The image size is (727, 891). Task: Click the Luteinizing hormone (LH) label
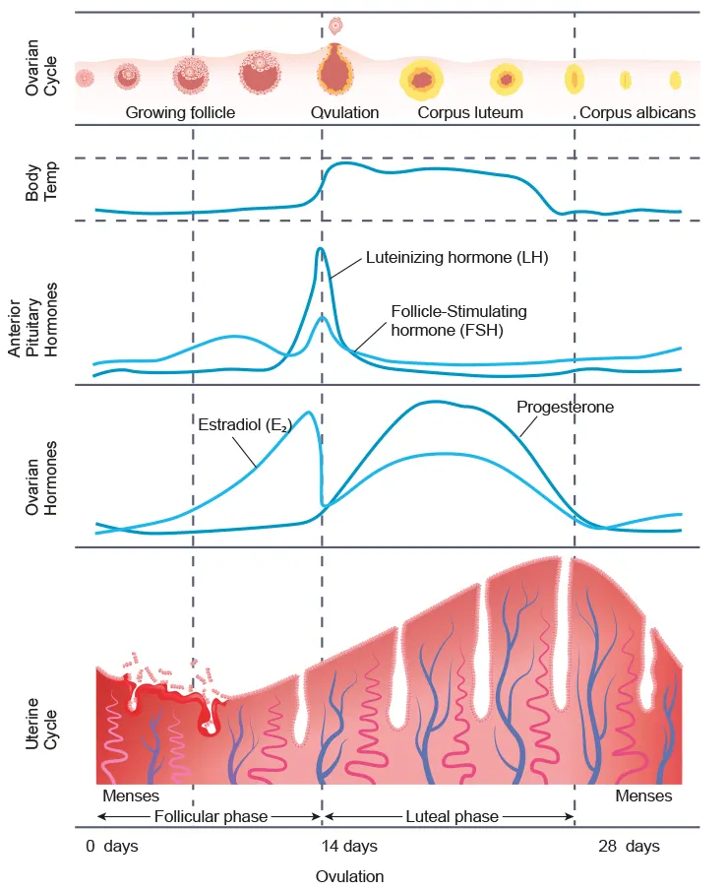tap(456, 259)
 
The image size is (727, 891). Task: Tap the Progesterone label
tap(565, 406)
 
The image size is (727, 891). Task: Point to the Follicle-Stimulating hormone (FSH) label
tap(458, 321)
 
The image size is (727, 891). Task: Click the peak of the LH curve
tap(321, 249)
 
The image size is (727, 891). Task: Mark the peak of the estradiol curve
tap(311, 412)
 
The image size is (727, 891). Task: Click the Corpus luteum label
tap(470, 113)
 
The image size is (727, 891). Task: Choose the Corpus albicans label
tap(636, 113)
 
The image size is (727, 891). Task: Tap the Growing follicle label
tap(180, 113)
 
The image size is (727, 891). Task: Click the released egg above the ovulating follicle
tap(335, 25)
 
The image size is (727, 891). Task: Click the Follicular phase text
tap(211, 816)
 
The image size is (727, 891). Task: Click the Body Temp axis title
tap(41, 182)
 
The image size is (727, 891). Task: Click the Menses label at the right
tap(643, 796)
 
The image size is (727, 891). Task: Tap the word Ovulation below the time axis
tap(349, 875)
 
